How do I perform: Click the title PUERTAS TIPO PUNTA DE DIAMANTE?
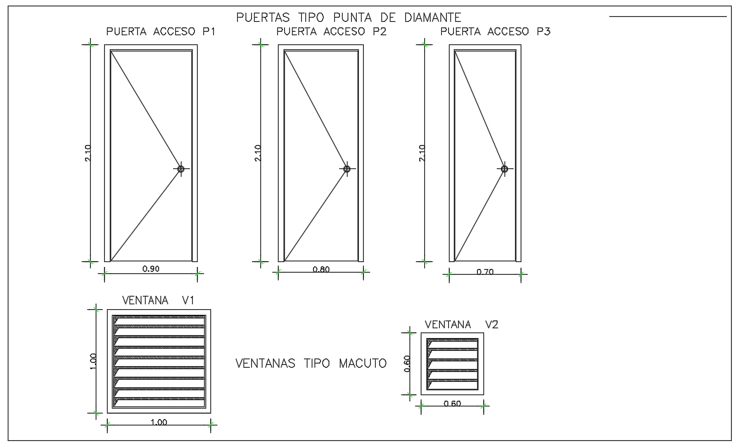point(348,17)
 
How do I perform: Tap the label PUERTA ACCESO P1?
point(160,32)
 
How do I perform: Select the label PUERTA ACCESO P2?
point(331,32)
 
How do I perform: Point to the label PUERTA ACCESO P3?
point(495,32)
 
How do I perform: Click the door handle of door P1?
point(181,169)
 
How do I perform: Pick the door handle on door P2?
point(347,169)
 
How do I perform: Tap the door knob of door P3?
point(504,169)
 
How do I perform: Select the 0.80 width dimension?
point(321,268)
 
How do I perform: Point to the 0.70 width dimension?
point(485,271)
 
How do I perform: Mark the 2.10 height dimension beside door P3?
point(422,153)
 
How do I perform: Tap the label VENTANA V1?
point(158,301)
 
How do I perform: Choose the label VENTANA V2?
point(461,325)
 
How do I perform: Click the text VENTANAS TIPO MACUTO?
point(310,364)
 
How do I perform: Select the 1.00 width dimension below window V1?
point(159,422)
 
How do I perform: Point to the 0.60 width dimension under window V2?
point(452,404)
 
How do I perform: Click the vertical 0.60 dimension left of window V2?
point(406,363)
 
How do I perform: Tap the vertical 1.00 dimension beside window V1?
point(93,360)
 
